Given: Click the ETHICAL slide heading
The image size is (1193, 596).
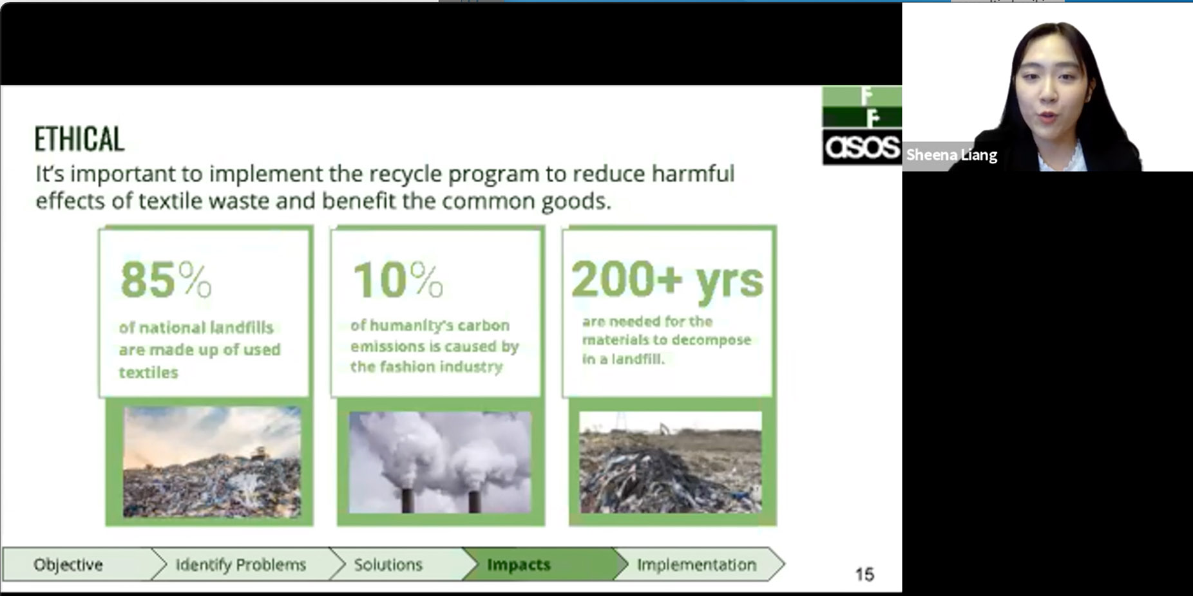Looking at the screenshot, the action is [x=79, y=139].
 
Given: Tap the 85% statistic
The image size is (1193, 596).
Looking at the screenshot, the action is [x=166, y=281].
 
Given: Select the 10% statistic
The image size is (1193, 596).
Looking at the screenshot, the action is [x=398, y=281].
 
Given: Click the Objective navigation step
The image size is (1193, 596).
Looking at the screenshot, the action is [x=68, y=564].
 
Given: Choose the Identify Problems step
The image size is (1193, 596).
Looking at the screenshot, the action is [x=241, y=564].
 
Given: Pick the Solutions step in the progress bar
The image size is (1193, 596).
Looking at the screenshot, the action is [x=388, y=564].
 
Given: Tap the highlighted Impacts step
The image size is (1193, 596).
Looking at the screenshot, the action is [x=519, y=564].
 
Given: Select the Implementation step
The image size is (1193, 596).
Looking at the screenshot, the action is [x=696, y=564].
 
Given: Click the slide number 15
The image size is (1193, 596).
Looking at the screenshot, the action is [x=864, y=574].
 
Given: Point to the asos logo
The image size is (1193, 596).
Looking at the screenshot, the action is [x=862, y=147].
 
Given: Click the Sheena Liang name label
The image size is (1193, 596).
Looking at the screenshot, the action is [x=951, y=155].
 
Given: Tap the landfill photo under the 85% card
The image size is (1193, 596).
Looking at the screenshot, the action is [x=212, y=461].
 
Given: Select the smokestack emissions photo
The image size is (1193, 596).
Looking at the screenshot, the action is [x=441, y=462].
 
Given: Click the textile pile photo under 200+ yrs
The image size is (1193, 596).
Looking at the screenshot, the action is [x=671, y=462].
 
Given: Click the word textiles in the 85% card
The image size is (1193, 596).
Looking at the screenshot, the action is [x=148, y=372].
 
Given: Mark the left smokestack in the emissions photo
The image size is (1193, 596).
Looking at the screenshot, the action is [x=407, y=501].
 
